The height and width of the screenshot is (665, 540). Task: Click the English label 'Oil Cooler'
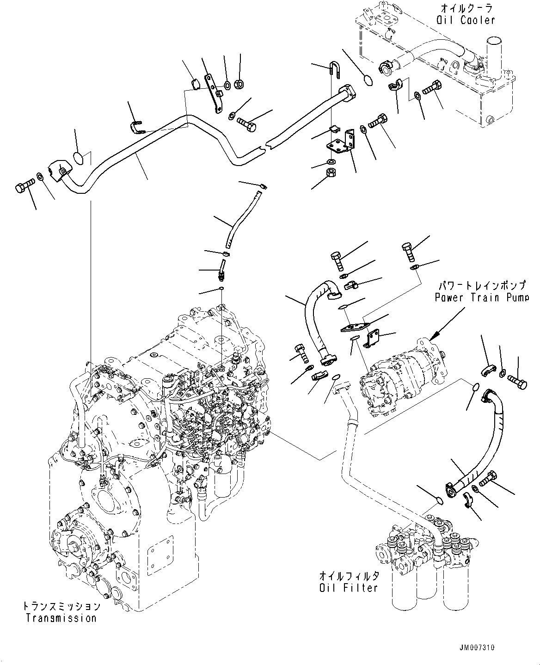[x=465, y=20]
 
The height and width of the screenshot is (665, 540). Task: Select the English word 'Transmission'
[x=61, y=618]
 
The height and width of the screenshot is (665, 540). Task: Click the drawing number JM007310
[x=476, y=648]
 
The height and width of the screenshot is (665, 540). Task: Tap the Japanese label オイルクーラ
[x=467, y=8]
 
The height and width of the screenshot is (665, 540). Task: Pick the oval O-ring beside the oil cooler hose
[x=368, y=80]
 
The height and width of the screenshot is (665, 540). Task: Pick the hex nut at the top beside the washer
[x=239, y=84]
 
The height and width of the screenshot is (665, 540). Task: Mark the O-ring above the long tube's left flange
[x=80, y=158]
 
